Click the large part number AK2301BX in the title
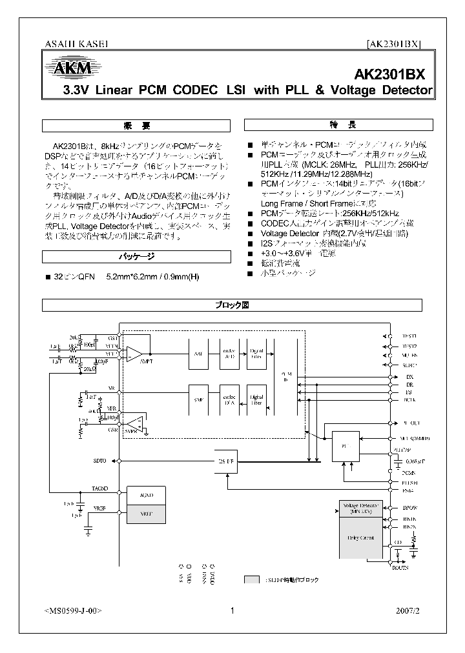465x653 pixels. coord(393,74)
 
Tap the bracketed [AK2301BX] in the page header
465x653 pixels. coord(393,45)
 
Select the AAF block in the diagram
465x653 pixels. coord(198,354)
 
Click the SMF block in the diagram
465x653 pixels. coord(198,400)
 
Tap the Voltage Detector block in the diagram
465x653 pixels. coord(361,508)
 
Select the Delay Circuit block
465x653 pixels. coord(361,537)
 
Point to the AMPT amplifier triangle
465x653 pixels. coord(134,353)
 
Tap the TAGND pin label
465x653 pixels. coord(100,488)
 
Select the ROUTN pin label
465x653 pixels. coord(401,568)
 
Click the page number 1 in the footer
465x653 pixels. coord(232,611)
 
